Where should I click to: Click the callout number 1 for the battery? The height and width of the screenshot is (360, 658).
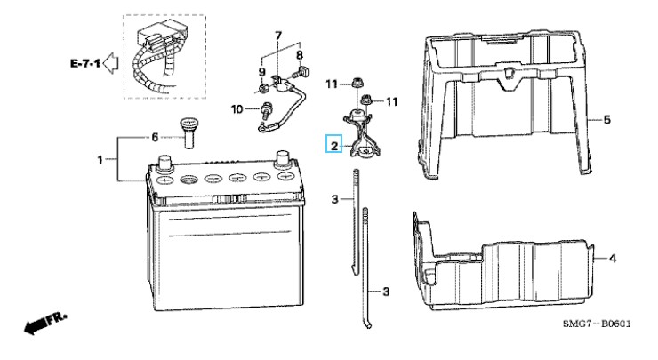click(x=100, y=160)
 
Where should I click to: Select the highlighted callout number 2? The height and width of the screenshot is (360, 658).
click(x=334, y=145)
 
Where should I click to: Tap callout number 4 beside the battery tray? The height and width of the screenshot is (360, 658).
click(x=613, y=259)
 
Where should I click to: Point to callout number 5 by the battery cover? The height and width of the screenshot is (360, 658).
click(x=606, y=120)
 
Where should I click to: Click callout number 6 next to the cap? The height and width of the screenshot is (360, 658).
click(x=155, y=137)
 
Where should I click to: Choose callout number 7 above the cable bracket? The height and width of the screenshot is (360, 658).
click(x=278, y=36)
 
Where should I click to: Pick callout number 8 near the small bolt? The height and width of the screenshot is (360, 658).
click(x=300, y=55)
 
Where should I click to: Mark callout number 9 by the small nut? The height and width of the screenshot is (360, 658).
click(x=261, y=72)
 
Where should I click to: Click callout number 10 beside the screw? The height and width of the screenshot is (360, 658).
click(x=237, y=109)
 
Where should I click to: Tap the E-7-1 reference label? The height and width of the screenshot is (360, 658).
click(x=85, y=63)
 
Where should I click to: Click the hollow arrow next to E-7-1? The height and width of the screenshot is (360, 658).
click(x=111, y=63)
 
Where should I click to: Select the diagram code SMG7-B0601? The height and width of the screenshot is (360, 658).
click(x=597, y=324)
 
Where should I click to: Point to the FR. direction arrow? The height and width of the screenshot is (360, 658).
click(x=45, y=323)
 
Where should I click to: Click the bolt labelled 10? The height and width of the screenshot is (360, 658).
click(x=264, y=110)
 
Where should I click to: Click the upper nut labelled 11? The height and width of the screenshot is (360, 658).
click(x=357, y=82)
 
